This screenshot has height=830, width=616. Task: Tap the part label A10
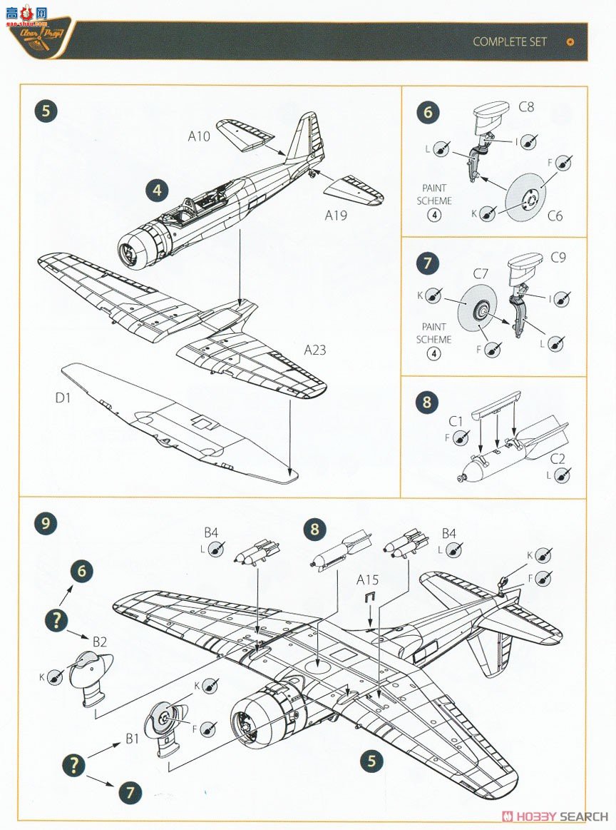(199, 136)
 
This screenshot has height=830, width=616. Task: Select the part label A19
(336, 215)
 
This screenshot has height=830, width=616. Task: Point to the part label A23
(315, 350)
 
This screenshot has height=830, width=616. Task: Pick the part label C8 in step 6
(526, 108)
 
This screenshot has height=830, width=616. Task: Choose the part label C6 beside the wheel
(554, 215)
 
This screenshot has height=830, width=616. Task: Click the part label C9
(558, 257)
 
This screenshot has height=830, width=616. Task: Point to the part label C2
(557, 460)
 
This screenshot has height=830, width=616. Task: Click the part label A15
(368, 579)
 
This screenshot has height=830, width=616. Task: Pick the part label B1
(132, 739)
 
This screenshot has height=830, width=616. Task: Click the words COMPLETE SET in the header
(509, 41)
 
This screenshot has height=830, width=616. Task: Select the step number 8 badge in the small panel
(427, 403)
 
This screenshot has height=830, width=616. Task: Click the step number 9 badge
(46, 524)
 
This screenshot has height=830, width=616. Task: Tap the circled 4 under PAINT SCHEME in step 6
(434, 216)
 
